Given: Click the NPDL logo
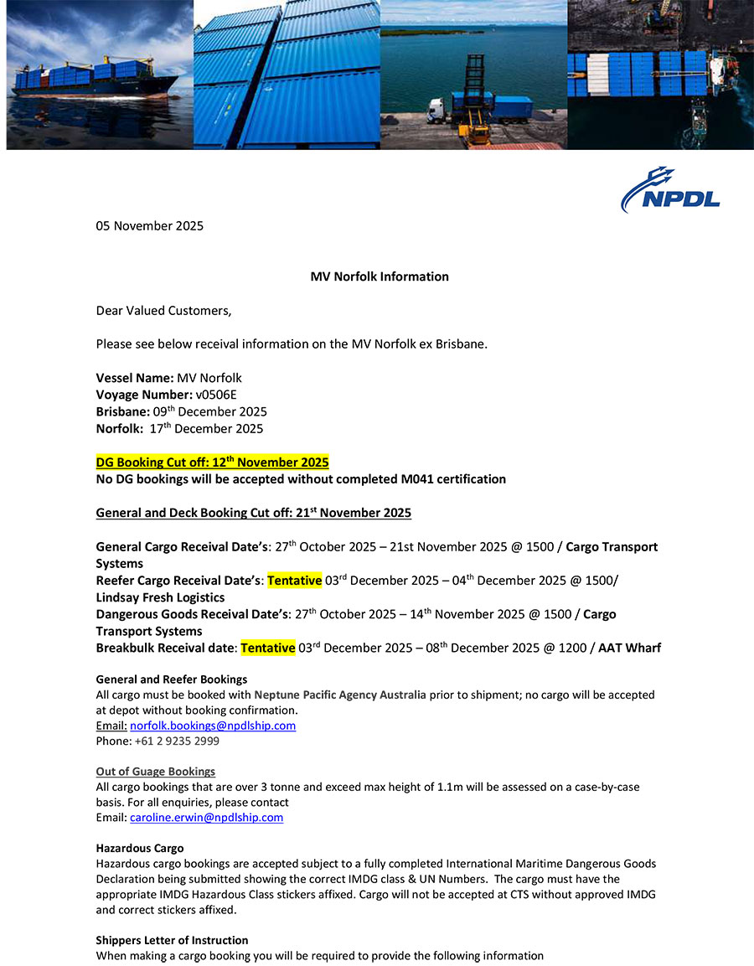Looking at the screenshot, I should pos(670,190).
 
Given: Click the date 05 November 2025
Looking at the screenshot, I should pos(149,225).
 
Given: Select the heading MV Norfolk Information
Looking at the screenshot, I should pos(380,276).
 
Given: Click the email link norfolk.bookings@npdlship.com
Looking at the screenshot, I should pos(213,726).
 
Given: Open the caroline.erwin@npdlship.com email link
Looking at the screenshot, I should pos(206,817).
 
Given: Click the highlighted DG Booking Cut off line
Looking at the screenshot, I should pos(212,462).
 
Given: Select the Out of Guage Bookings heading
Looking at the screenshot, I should pos(155,771).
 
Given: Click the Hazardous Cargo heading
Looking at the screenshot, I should pos(139,848).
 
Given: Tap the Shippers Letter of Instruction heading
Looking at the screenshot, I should pos(172,940).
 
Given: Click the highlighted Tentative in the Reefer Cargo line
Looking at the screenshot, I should pos(294,581).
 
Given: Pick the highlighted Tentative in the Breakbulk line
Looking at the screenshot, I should pos(267,648).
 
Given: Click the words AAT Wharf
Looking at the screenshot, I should pos(629,648).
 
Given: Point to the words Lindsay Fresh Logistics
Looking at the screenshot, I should pos(160,597).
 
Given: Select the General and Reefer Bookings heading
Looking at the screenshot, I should pos(171,679).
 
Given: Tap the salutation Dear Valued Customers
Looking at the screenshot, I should pos(163,310).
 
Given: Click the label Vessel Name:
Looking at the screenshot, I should pos(135,378).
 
